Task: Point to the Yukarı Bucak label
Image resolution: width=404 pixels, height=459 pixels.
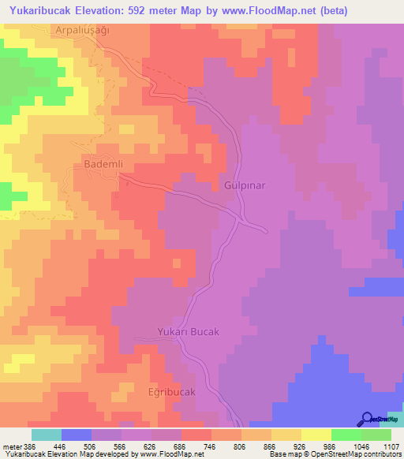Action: (x=188, y=332)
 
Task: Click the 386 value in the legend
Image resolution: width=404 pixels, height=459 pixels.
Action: (x=30, y=446)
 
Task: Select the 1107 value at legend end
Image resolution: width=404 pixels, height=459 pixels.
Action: (x=391, y=446)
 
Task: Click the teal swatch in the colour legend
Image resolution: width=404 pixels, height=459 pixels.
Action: (x=46, y=435)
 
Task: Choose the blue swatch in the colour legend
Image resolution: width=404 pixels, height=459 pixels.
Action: (x=77, y=435)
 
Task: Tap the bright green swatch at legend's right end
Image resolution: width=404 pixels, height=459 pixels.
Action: (x=376, y=435)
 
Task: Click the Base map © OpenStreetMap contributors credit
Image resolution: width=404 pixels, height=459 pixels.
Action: (x=334, y=454)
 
